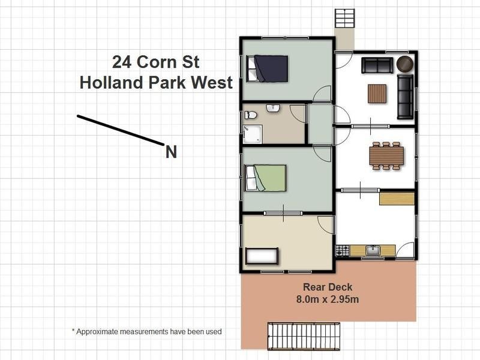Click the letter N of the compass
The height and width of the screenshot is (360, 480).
pyautogui.click(x=171, y=152)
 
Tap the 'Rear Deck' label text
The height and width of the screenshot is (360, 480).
pyautogui.click(x=328, y=287)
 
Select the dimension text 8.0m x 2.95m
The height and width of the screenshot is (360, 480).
pyautogui.click(x=328, y=299)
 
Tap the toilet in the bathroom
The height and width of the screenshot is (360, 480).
pyautogui.click(x=251, y=115)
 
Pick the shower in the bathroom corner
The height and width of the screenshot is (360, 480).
pyautogui.click(x=253, y=134)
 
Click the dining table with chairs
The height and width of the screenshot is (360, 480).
pyautogui.click(x=386, y=156)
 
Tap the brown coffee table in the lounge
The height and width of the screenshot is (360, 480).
pyautogui.click(x=377, y=94)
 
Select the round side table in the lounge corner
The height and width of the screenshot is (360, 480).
pyautogui.click(x=406, y=64)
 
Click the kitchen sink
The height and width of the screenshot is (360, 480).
pyautogui.click(x=373, y=250)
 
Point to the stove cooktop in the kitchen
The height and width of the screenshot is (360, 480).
pyautogui.click(x=343, y=250)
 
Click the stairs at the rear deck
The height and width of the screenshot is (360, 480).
pyautogui.click(x=304, y=335)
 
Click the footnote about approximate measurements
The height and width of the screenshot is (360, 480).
pyautogui.click(x=146, y=331)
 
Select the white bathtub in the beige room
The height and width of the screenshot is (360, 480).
pyautogui.click(x=262, y=256)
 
